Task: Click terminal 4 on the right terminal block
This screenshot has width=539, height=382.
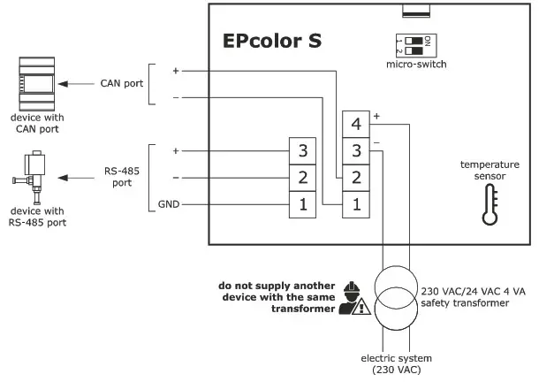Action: point(355,124)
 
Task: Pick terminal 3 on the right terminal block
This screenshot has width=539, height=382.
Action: point(355,150)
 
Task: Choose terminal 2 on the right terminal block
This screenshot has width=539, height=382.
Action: point(355,178)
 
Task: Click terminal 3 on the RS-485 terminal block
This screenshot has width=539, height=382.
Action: point(302,150)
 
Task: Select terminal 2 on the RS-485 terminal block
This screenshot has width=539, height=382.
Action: point(302,178)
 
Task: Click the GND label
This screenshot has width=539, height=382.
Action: point(170,204)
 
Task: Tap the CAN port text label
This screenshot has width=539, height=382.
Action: point(118,85)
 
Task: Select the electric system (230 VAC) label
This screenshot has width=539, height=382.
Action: point(396,363)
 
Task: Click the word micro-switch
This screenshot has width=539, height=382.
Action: point(415,65)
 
